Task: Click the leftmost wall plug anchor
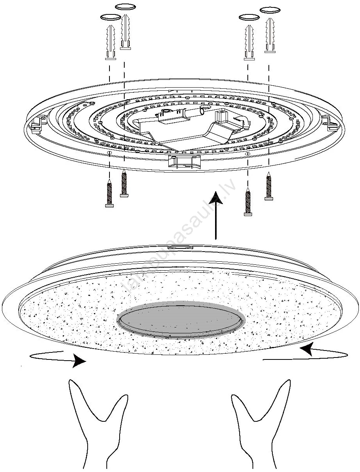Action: (x=110, y=42)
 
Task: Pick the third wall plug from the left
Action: (x=249, y=42)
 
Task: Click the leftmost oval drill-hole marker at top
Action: (x=110, y=17)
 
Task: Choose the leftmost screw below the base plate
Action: (x=109, y=193)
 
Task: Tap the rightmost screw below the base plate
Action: (x=268, y=187)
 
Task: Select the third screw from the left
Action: (x=247, y=201)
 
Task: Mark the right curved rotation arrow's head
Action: (x=305, y=349)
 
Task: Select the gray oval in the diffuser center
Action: (x=180, y=320)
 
